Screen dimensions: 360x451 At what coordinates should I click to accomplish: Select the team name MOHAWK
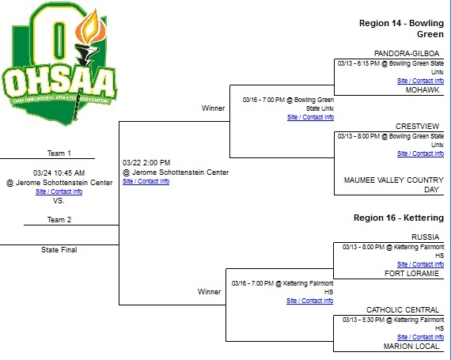point(423,90)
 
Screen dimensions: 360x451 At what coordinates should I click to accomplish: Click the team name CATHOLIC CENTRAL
point(405,309)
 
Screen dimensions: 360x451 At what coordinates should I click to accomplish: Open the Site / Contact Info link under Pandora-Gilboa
point(420,81)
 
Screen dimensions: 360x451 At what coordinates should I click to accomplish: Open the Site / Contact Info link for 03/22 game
point(146,181)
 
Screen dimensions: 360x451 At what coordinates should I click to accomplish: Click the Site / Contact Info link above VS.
point(59,191)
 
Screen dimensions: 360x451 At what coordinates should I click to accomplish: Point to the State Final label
point(59,250)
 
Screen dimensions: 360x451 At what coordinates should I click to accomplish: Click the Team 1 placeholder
point(59,153)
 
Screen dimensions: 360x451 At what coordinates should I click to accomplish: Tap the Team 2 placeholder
point(59,220)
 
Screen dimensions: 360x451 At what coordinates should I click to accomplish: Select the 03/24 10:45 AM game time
point(59,172)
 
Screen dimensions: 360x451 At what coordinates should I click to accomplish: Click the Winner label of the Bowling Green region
point(213,108)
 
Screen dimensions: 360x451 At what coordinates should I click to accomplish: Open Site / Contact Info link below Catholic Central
point(420,337)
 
